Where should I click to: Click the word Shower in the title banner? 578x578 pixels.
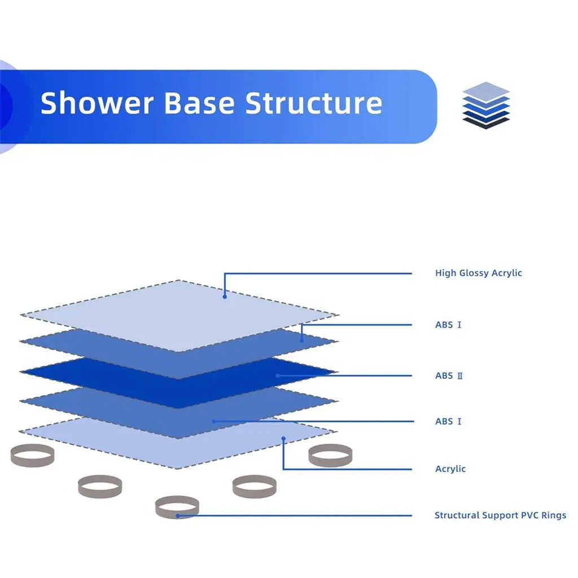pyautogui.click(x=97, y=103)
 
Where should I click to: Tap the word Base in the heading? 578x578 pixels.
pyautogui.click(x=199, y=103)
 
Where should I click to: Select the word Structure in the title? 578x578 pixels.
pyautogui.click(x=314, y=103)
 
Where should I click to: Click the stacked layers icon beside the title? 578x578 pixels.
pyautogui.click(x=486, y=106)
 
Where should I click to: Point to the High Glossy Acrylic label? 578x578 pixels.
pyautogui.click(x=479, y=273)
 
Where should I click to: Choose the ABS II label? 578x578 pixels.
pyautogui.click(x=449, y=375)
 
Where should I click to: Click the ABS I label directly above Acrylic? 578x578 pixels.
pyautogui.click(x=448, y=421)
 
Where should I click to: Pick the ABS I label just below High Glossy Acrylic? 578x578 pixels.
pyautogui.click(x=448, y=325)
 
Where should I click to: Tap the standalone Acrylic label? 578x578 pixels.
pyautogui.click(x=450, y=469)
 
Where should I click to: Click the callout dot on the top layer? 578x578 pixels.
pyautogui.click(x=225, y=297)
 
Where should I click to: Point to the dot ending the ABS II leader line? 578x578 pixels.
pyautogui.click(x=278, y=375)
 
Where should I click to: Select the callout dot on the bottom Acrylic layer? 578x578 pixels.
pyautogui.click(x=283, y=439)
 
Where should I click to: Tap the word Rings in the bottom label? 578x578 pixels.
pyautogui.click(x=554, y=515)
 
